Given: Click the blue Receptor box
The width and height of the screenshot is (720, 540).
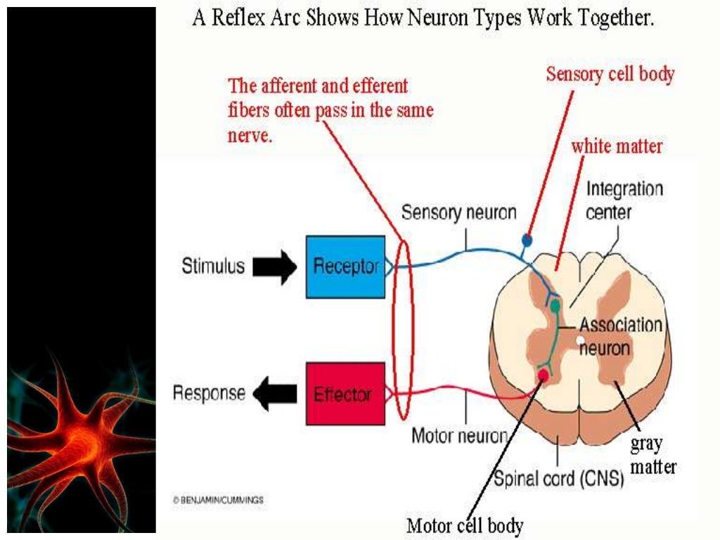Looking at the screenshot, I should tap(345, 266).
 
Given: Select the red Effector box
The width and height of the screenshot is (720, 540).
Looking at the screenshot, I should tap(345, 393).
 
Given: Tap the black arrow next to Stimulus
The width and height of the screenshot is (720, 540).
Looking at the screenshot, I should tap(275, 267).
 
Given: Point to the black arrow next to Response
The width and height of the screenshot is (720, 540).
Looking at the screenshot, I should tap(275, 394).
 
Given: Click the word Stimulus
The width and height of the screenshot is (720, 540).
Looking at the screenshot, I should tap(213, 266).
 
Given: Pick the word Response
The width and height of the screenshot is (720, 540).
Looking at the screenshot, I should tap(209, 393).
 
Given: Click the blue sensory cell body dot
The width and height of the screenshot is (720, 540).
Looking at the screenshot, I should tap(528, 240).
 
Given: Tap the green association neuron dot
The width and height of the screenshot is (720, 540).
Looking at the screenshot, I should tap(555, 305).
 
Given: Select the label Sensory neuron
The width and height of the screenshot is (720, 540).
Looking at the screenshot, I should tap(458, 212).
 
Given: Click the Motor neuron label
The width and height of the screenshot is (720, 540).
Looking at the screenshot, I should tap(458, 435).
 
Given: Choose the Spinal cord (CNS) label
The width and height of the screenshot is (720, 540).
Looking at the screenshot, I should tap(558, 480).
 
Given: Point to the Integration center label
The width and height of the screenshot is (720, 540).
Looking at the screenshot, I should tap(624, 200).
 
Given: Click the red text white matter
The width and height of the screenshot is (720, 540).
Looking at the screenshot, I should tap(617, 146).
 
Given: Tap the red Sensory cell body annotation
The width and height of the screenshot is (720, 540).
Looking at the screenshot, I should tap(610, 74).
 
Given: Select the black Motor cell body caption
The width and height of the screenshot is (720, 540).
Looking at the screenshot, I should tap(465, 525).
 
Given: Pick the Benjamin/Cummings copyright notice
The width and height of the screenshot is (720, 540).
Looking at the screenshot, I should tap(218, 500).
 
